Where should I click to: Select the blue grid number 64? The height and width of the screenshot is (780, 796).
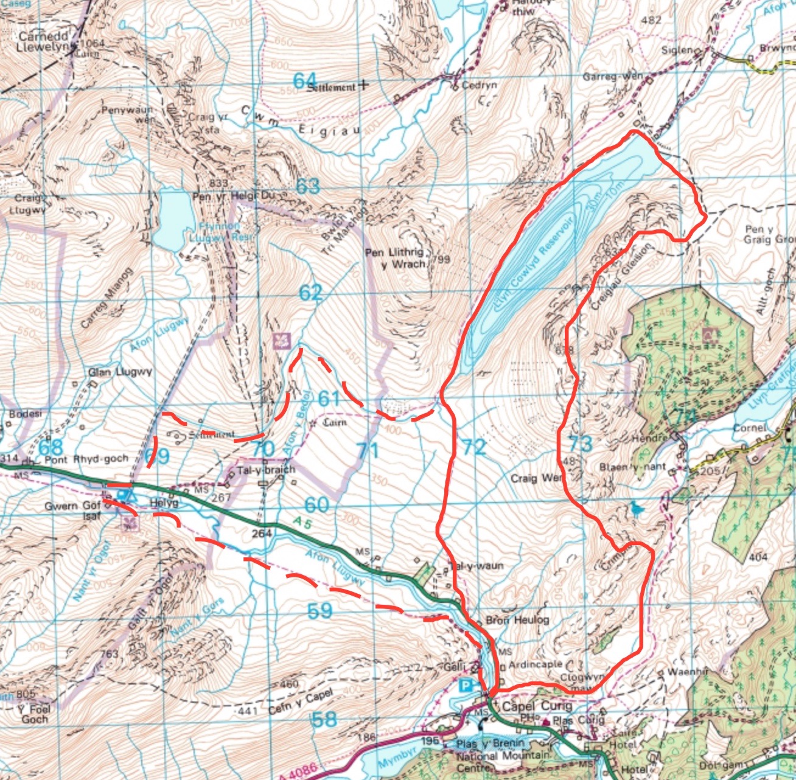tap(305, 80)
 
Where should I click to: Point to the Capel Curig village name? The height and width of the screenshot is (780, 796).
tap(536, 706)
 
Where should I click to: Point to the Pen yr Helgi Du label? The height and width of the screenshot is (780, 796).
tap(234, 197)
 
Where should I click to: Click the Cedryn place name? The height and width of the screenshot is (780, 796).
tap(479, 85)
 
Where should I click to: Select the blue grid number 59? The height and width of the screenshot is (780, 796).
tap(320, 610)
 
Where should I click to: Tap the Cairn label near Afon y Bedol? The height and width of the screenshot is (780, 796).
tap(334, 422)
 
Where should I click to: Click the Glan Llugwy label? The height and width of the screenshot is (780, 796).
tap(120, 372)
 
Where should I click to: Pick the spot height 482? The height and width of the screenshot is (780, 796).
tap(651, 20)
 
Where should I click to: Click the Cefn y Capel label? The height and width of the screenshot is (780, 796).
tap(301, 702)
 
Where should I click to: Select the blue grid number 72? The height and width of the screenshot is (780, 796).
tap(474, 447)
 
